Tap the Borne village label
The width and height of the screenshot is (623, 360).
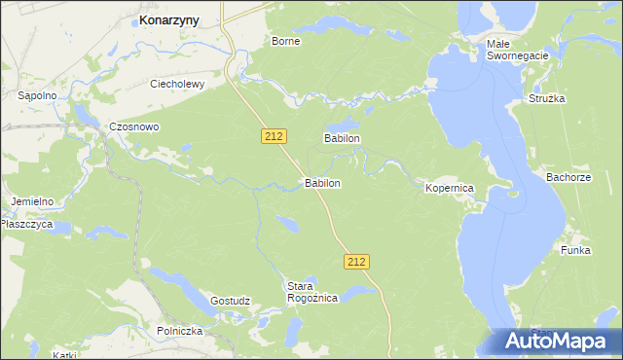point(285,42)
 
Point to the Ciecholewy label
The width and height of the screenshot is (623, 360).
point(176,84)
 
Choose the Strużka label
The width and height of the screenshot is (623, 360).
point(547,98)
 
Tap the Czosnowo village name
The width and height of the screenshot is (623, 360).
point(134,127)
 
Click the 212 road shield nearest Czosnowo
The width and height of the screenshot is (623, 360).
point(274,137)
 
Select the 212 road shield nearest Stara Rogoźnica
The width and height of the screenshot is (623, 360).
point(356,261)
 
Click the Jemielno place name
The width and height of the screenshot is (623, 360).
point(32,201)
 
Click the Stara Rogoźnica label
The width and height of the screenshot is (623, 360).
point(311,292)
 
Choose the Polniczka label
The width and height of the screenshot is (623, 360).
point(179,331)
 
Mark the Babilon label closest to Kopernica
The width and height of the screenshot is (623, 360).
point(343,139)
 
